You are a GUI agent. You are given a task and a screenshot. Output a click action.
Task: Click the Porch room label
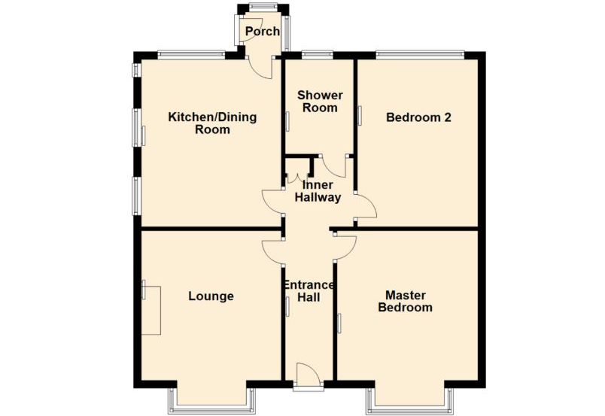263,32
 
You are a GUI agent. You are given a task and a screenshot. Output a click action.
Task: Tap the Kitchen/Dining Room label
212,123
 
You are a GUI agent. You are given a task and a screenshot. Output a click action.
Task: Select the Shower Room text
320,101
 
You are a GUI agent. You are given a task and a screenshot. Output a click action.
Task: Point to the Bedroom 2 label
418,117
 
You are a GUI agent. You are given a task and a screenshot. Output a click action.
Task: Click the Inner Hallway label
318,191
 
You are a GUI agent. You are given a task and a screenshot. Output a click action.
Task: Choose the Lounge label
211,296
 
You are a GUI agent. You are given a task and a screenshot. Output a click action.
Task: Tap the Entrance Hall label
309,291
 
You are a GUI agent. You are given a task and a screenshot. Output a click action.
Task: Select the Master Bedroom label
405,302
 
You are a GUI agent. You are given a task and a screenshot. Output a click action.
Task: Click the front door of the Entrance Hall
308,374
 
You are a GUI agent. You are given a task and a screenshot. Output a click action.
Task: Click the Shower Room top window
317,55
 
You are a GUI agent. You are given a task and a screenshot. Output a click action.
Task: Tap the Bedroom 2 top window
420,55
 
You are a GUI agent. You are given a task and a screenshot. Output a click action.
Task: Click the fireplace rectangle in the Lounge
150,310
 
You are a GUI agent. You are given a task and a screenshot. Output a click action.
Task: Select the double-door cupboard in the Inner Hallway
298,170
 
